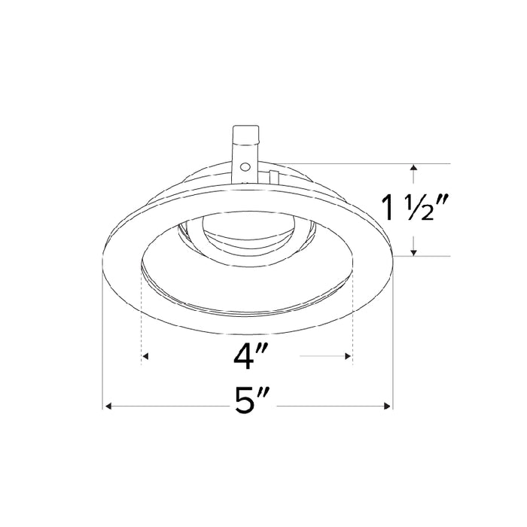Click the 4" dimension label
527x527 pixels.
(248, 355)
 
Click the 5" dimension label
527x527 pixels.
(248, 407)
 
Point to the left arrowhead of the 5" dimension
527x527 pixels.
(108, 407)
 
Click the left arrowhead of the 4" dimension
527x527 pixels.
(146, 355)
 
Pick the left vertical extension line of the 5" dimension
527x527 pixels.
(102, 339)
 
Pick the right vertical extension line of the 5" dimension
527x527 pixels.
(392, 339)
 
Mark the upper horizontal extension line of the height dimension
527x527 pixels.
(376, 163)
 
